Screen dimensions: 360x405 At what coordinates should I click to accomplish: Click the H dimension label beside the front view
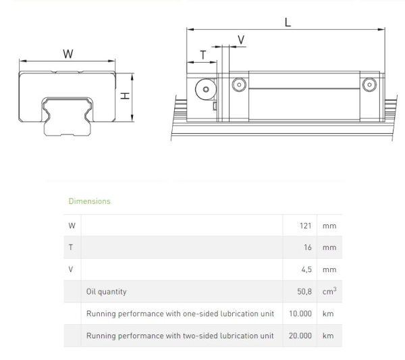point(125,97)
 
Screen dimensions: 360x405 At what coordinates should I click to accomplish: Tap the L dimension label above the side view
point(288,22)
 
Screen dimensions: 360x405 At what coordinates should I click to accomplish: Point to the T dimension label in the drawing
point(202,54)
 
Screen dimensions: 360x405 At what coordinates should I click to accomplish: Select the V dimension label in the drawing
point(241,40)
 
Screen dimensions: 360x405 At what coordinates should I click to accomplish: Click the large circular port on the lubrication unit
point(203,89)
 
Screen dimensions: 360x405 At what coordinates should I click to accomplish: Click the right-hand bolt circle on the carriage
point(368,85)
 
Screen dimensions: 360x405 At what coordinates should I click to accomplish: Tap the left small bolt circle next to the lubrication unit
point(238,85)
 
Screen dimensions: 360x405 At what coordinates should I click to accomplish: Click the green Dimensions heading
point(89,201)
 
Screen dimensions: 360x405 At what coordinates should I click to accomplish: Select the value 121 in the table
point(305,226)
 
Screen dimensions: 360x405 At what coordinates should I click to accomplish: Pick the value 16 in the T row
point(308,247)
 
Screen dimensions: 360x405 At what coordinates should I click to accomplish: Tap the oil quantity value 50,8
point(304,292)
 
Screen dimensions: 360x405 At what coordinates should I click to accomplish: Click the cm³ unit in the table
point(329,291)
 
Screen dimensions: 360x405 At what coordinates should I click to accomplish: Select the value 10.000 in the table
point(300,314)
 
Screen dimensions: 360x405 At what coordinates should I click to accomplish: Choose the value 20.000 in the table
point(300,336)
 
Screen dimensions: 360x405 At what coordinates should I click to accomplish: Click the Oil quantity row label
point(107,292)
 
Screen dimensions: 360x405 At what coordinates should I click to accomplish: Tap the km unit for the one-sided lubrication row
point(327,314)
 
